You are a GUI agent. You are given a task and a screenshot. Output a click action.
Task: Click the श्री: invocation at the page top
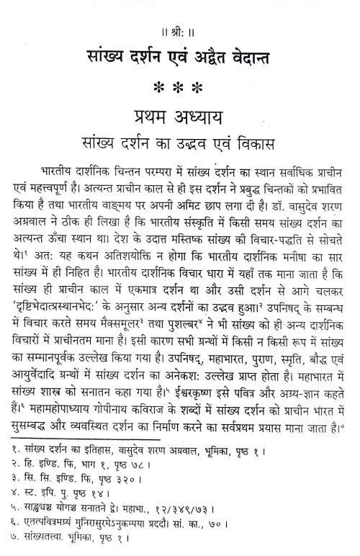(180, 9)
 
